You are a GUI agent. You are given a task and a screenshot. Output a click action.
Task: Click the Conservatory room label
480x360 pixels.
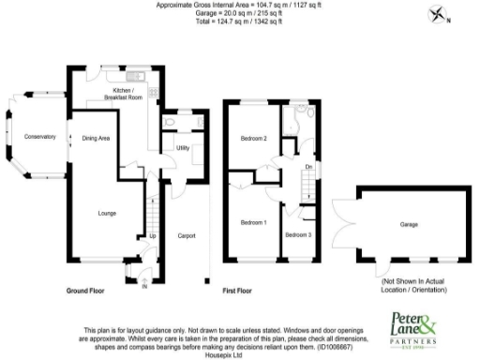click(x=40, y=137)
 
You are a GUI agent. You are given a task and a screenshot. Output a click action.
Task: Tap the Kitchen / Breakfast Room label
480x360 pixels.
click(x=121, y=93)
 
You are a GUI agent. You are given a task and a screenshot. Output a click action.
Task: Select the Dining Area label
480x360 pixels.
click(x=97, y=139)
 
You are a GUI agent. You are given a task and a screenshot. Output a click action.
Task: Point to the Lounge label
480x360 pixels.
click(x=107, y=214)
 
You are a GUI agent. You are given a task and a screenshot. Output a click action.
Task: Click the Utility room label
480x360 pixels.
click(x=183, y=148)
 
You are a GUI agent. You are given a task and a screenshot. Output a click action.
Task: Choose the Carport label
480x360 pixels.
click(x=187, y=235)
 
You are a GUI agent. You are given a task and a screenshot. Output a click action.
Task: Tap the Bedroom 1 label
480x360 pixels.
click(x=253, y=222)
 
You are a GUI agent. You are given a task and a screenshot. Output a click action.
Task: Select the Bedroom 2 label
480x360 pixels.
click(x=254, y=139)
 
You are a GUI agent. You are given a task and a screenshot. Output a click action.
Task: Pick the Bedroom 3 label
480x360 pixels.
click(x=298, y=234)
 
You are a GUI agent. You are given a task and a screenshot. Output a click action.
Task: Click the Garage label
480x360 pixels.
click(x=409, y=225)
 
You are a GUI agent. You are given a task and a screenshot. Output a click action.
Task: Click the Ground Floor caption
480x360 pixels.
click(x=83, y=292)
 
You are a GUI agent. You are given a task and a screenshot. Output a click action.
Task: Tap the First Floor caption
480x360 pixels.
click(x=238, y=292)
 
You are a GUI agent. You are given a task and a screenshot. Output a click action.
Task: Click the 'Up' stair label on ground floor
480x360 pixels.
click(x=153, y=235)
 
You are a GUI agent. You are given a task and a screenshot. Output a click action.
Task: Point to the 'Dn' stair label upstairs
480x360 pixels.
click(x=307, y=168)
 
